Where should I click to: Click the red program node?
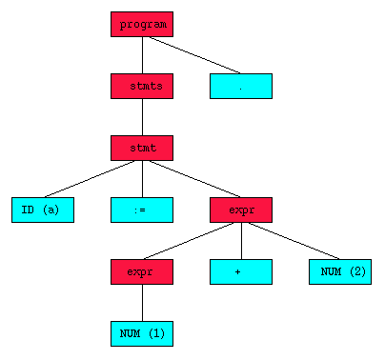[142, 24]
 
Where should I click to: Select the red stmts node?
[142, 86]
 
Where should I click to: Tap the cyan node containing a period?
[241, 86]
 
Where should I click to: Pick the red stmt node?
[142, 148]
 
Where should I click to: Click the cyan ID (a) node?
[43, 210]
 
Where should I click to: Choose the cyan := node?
[142, 210]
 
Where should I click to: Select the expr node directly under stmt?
[241, 210]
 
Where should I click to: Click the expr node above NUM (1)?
[142, 271]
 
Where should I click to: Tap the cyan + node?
[241, 271]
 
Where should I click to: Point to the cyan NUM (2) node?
[340, 271]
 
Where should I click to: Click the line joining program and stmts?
[142, 54]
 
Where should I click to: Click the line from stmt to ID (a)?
[92, 178]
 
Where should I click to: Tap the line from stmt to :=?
[142, 178]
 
